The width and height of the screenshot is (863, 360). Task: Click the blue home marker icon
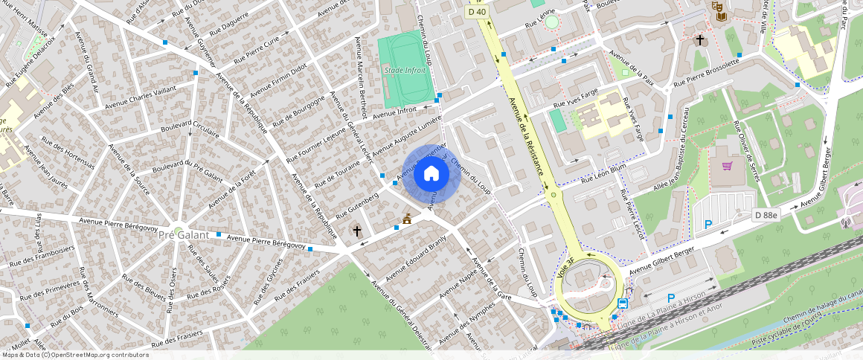tap(431, 174)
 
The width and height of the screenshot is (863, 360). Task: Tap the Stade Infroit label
tap(405, 70)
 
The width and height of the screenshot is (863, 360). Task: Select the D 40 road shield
tap(476, 11)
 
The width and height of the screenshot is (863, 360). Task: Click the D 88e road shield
tap(765, 215)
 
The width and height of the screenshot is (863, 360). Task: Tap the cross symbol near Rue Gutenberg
tap(357, 231)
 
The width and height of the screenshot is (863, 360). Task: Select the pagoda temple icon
tap(406, 219)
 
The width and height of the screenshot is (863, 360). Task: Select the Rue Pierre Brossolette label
tap(706, 75)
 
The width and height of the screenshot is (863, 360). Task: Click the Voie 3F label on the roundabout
tap(565, 269)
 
